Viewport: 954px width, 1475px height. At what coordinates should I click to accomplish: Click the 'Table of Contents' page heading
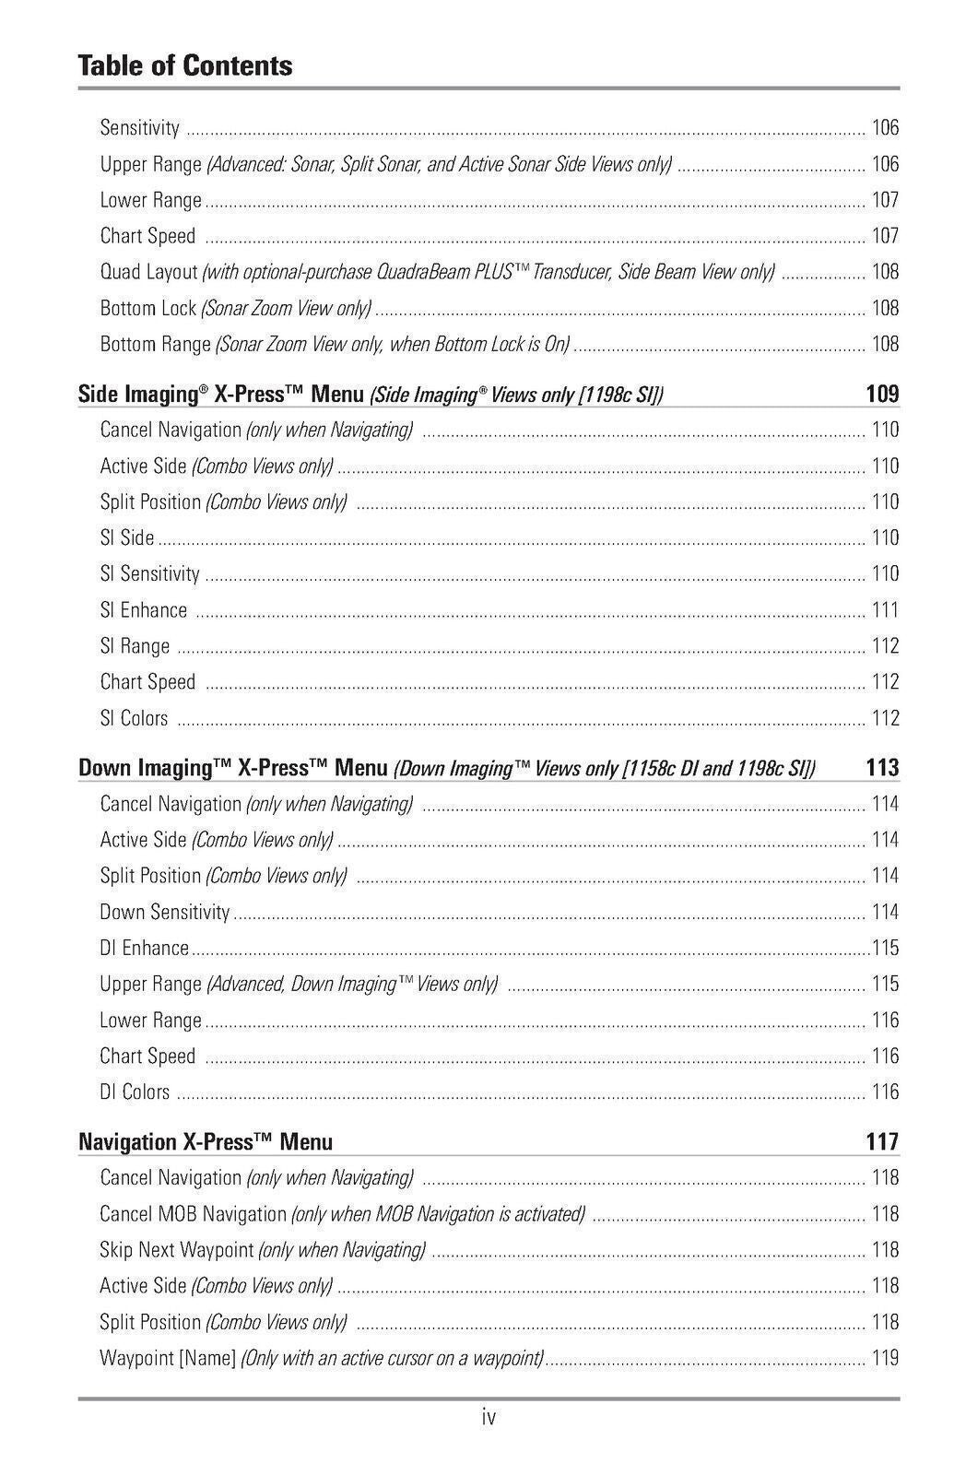(185, 65)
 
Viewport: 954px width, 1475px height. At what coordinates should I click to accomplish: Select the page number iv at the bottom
(489, 1417)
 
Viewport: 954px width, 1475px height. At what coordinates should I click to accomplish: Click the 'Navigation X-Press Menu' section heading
(206, 1142)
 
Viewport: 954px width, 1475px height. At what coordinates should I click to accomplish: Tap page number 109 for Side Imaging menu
(882, 395)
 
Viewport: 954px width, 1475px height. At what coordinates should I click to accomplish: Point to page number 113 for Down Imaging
(882, 768)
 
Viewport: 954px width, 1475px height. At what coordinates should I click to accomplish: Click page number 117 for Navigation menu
(882, 1142)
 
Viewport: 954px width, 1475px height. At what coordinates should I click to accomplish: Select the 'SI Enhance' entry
(144, 610)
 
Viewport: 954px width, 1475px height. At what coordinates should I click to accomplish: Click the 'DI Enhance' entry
(145, 948)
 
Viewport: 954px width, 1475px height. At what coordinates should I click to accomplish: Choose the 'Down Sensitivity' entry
(165, 912)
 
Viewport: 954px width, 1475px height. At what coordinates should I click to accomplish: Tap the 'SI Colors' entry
(135, 718)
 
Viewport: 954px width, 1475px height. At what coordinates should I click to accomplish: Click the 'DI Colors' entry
(135, 1092)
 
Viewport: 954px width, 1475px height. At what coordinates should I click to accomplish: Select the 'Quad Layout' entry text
(149, 272)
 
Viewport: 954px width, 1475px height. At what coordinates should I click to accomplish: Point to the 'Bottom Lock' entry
(148, 308)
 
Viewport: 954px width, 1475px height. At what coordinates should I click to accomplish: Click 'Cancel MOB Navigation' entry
(194, 1214)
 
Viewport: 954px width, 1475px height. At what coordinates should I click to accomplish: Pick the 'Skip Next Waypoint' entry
(177, 1250)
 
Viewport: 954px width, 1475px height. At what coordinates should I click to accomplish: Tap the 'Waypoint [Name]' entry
(169, 1358)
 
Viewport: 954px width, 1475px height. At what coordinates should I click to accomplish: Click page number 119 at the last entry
(885, 1358)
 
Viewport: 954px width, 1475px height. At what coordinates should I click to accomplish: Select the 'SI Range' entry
(135, 646)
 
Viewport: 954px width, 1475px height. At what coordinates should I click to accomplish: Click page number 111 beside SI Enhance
(885, 610)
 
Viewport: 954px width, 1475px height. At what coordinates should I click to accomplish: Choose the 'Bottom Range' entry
(156, 345)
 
